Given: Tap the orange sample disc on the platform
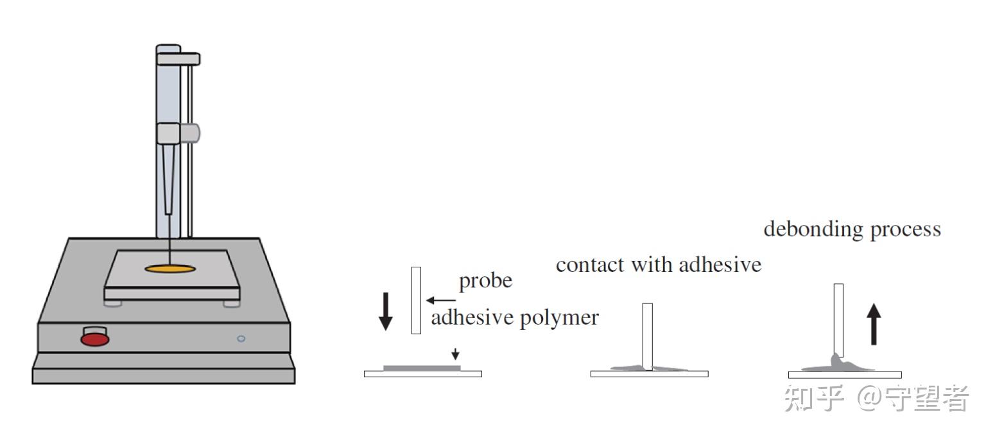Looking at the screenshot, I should point(170,268).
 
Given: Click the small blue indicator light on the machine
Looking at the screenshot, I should point(241,338).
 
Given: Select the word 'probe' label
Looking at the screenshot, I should point(485,282).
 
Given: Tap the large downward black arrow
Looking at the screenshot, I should point(385,310).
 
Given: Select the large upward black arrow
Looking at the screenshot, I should point(874,324).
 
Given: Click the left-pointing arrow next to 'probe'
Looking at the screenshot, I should point(440,300).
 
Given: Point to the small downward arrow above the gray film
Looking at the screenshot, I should point(455,354).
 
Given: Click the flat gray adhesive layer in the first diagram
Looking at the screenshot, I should point(421,368).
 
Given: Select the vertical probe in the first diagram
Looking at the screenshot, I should point(416,300).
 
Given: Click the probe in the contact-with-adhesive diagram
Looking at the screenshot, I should point(647,334).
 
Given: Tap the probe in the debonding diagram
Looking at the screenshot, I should point(838,318).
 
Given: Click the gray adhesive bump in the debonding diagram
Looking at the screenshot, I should point(837,363).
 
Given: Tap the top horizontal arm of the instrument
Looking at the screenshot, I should point(178,58).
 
